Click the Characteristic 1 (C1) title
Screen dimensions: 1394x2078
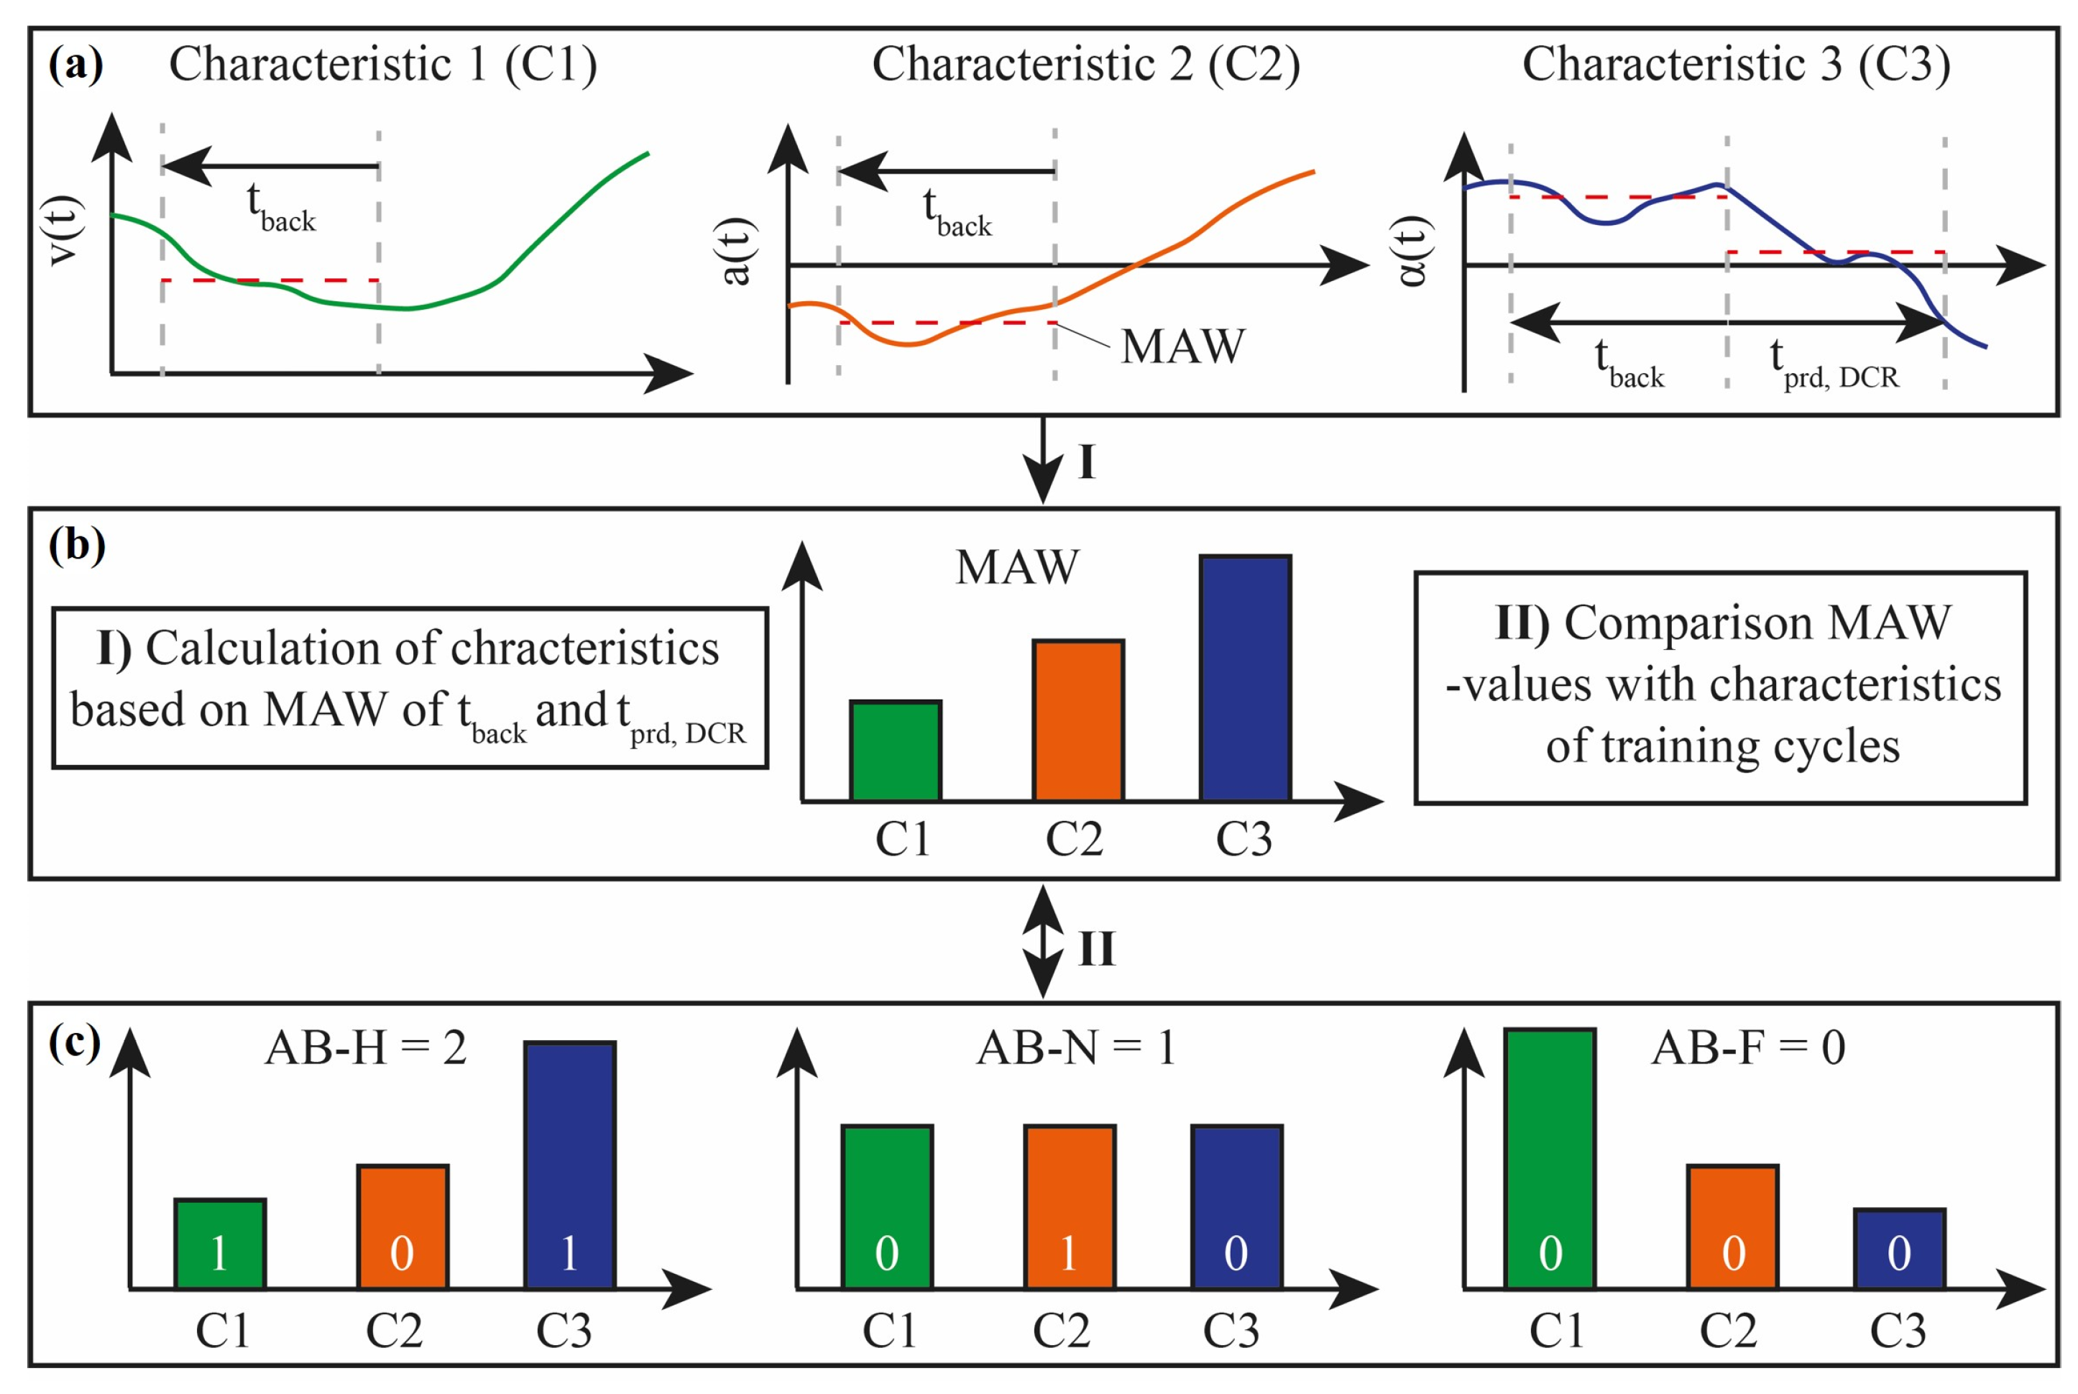tap(382, 64)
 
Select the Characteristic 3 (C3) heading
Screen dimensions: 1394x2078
tap(1735, 64)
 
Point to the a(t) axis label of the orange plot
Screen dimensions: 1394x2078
tap(737, 252)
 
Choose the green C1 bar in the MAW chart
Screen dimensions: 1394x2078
tap(895, 751)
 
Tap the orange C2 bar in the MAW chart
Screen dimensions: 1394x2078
tap(1077, 720)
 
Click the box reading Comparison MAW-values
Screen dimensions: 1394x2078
tap(1720, 687)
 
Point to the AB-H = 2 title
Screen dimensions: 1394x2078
tap(365, 1047)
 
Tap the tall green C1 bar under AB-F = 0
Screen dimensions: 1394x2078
tap(1549, 1157)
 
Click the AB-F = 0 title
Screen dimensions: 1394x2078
tap(1747, 1047)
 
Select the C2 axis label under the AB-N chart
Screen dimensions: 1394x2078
tap(1060, 1331)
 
